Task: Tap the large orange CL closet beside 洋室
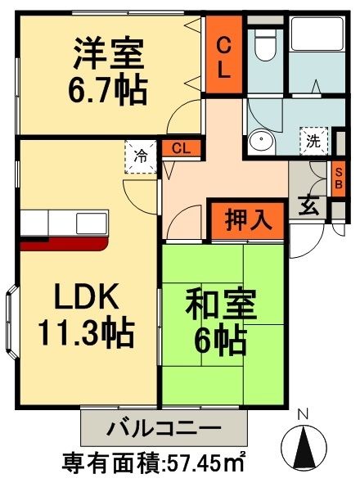coord(223,54)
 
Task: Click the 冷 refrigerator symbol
coord(141,156)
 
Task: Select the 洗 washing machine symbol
coord(313,140)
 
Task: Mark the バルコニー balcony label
coord(163,427)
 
